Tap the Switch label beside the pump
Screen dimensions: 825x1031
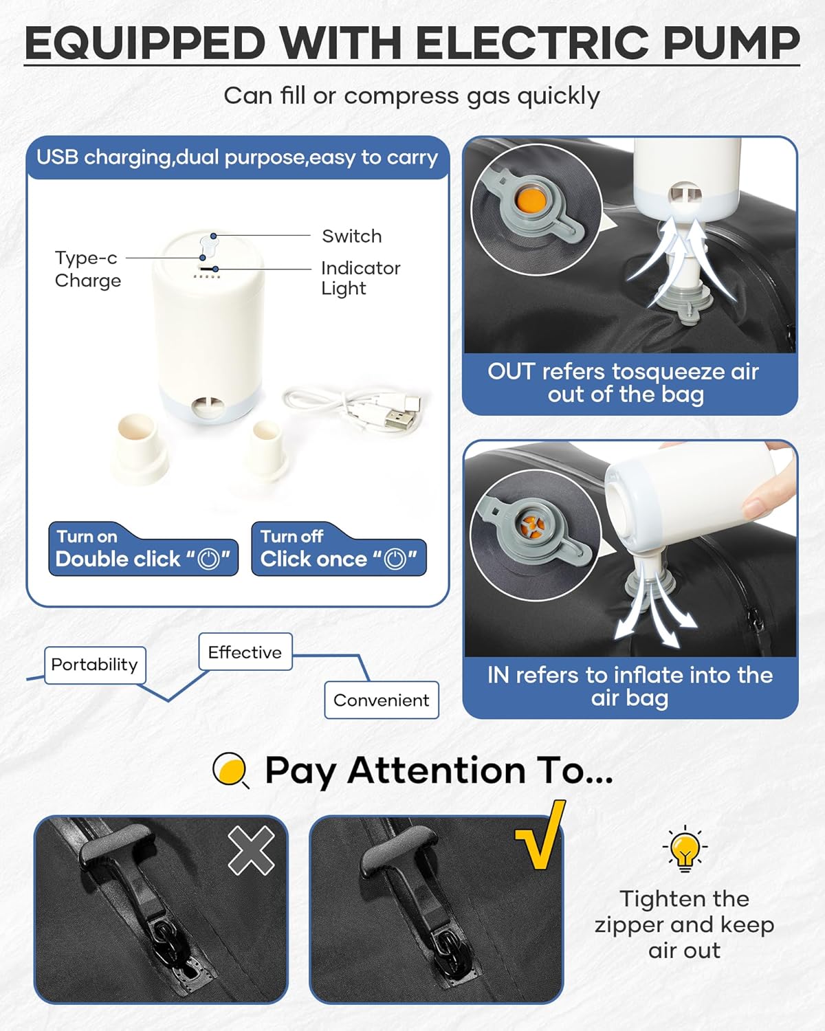tap(352, 236)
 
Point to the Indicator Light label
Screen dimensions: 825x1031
tap(360, 278)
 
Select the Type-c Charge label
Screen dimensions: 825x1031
tap(88, 269)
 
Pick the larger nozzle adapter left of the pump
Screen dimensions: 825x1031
tap(140, 449)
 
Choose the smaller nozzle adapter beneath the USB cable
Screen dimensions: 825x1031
tap(266, 450)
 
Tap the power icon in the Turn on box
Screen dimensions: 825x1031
tap(208, 559)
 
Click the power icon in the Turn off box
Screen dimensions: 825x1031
tap(395, 559)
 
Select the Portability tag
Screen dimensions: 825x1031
tap(95, 665)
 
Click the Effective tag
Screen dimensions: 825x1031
tap(245, 652)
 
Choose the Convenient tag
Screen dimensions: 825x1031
tap(382, 700)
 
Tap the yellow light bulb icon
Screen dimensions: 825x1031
tap(685, 849)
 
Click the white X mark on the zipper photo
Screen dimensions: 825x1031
tap(251, 852)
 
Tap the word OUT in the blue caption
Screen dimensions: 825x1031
tap(511, 372)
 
